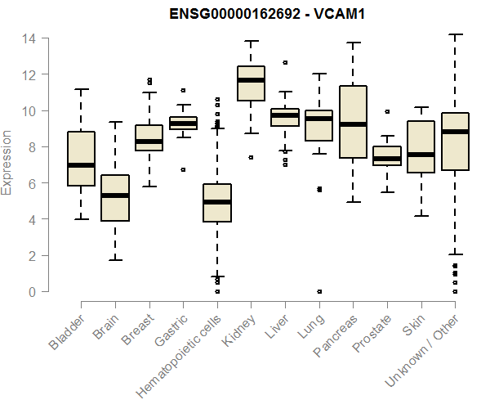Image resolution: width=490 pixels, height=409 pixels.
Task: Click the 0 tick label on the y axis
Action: point(31,292)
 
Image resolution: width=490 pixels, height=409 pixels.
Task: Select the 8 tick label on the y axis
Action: point(31,147)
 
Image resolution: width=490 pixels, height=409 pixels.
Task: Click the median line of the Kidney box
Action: point(251,80)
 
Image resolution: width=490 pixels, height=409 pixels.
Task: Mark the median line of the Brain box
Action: point(115,196)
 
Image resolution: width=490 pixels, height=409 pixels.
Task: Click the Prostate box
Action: point(387,156)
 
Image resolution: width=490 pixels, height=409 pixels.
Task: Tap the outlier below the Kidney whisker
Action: point(251,157)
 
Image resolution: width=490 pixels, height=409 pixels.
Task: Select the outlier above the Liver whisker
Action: point(285,62)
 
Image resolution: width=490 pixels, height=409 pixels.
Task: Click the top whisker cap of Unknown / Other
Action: point(455,34)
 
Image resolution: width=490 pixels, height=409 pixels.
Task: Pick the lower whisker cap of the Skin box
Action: point(421,216)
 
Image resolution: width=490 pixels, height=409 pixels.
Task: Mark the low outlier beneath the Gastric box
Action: point(183,169)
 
